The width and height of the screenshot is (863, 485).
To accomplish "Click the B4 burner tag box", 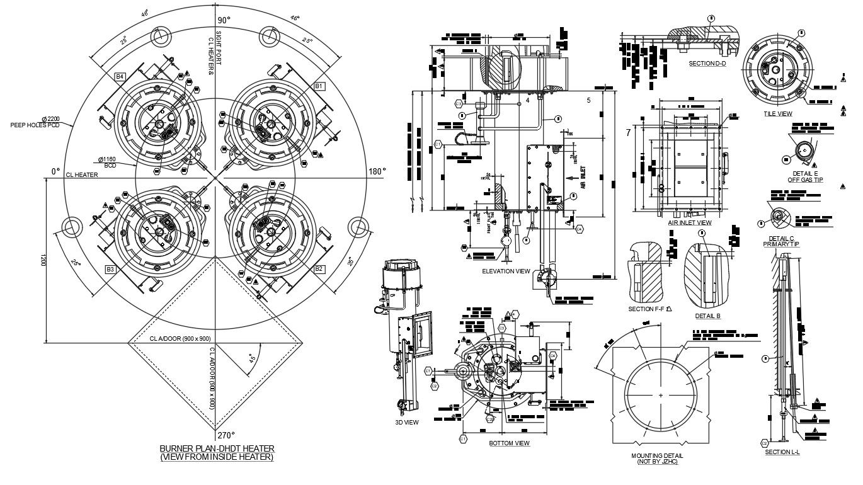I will click(x=120, y=77).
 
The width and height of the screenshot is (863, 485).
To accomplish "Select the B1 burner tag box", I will click(x=319, y=85).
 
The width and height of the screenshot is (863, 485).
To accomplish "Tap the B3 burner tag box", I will click(x=110, y=270).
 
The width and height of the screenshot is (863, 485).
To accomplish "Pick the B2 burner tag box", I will click(x=319, y=269).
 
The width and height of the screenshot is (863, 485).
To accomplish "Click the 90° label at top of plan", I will click(x=224, y=20).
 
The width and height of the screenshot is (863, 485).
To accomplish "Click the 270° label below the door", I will click(x=226, y=435).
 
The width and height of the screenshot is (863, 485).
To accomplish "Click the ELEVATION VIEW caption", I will click(x=506, y=271).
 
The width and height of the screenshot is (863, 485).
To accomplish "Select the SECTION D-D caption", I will click(x=707, y=63).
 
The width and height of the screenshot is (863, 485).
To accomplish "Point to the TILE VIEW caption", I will click(x=778, y=114).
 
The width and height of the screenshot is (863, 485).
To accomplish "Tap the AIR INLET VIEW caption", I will click(x=690, y=223).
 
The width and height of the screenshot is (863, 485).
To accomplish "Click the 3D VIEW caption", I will click(x=406, y=423).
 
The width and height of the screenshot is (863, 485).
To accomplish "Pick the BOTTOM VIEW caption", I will click(x=510, y=443).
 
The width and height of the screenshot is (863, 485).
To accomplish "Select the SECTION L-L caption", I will click(x=782, y=452).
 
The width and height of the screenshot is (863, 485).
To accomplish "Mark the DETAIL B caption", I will click(x=707, y=316).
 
